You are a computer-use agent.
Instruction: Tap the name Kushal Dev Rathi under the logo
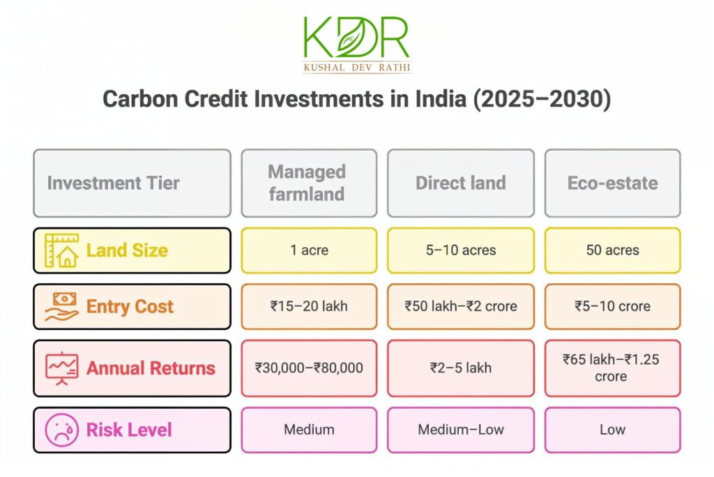(x=356, y=68)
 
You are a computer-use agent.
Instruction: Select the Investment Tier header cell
(x=132, y=183)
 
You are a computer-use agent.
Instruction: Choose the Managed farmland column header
(x=308, y=183)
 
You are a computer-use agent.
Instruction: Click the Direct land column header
(x=460, y=183)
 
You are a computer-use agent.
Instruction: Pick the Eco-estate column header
(x=612, y=183)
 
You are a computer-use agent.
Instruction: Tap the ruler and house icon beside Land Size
(x=61, y=250)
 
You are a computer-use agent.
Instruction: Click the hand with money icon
(x=61, y=306)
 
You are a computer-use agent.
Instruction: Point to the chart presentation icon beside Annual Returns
(x=61, y=368)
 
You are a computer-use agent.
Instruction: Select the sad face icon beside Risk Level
(x=61, y=430)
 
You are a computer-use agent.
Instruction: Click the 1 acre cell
(x=308, y=250)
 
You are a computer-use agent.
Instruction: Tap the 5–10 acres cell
(x=460, y=250)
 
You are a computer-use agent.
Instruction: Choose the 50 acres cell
(x=612, y=250)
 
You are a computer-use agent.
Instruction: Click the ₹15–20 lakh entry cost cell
(x=308, y=306)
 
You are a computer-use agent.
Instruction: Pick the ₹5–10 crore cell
(x=612, y=306)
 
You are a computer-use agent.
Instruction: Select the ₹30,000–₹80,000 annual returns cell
(x=308, y=368)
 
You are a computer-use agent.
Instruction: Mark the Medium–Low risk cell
(x=460, y=430)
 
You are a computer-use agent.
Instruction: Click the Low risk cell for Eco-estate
(x=612, y=430)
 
